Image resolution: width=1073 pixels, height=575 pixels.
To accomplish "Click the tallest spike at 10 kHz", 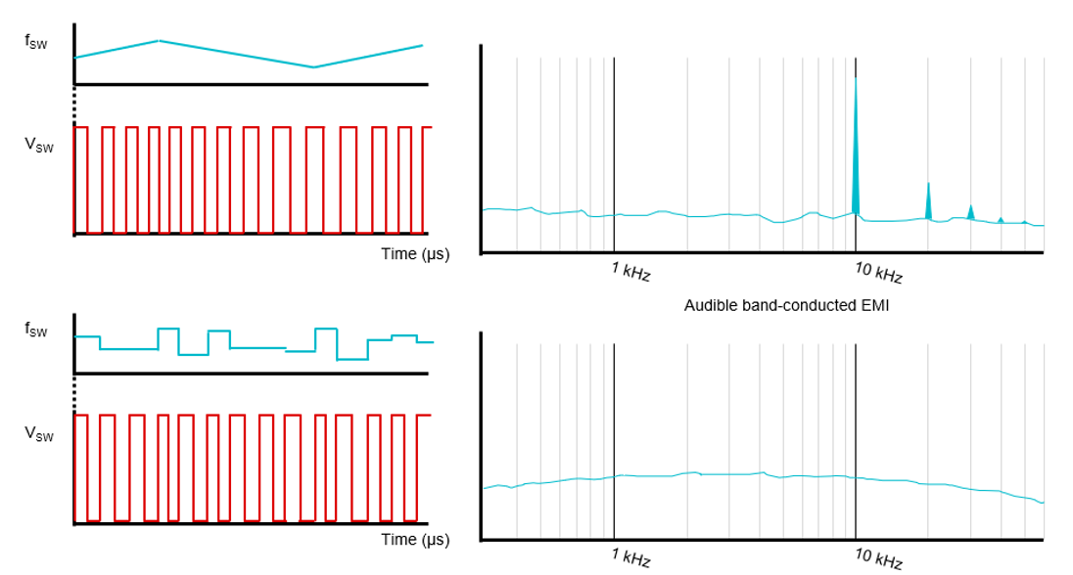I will [856, 147].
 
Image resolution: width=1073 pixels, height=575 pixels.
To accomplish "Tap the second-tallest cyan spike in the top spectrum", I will [928, 201].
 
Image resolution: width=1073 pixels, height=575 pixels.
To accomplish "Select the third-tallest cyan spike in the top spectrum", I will [971, 211].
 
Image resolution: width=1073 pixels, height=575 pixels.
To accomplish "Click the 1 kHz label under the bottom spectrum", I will [631, 558].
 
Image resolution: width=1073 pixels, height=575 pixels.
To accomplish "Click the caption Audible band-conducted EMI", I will [786, 306].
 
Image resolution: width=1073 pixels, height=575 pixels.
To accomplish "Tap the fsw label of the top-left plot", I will [36, 42].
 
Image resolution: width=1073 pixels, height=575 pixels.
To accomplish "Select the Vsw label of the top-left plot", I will [38, 146].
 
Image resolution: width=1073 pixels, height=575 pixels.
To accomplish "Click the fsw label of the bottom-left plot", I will [36, 330].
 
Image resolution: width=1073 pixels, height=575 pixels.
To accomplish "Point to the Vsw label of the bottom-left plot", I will [38, 433].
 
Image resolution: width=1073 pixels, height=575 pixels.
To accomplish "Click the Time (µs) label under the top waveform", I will [415, 254].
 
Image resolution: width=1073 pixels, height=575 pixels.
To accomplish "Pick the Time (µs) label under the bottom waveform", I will [415, 540].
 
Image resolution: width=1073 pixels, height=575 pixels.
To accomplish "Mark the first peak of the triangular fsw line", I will [159, 40].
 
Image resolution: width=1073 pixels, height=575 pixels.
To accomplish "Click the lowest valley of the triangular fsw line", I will [313, 67].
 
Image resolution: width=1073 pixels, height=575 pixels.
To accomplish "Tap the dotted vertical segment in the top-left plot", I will [74, 106].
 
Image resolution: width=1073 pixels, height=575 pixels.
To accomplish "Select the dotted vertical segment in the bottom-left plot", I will [74, 393].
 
